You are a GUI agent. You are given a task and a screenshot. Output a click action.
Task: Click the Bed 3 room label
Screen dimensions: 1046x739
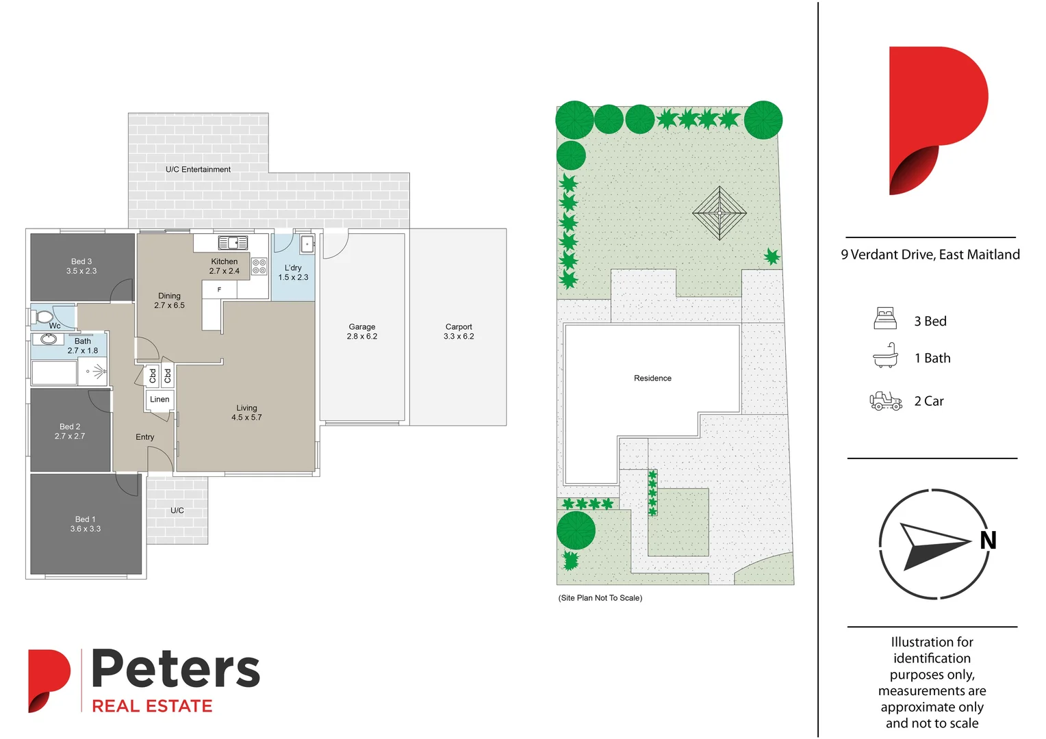coord(81,261)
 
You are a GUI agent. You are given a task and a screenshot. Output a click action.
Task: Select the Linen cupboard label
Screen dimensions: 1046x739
coord(160,400)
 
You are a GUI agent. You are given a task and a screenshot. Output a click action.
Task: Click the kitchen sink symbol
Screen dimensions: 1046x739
coord(233,243)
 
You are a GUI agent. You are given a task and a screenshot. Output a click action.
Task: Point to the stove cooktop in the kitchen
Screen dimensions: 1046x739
coord(259,266)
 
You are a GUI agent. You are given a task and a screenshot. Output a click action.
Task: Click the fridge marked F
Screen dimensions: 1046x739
coord(219,290)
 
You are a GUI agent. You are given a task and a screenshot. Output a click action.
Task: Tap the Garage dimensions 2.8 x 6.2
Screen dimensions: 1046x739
coord(361,337)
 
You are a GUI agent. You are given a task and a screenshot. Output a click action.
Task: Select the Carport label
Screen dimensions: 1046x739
coord(459,327)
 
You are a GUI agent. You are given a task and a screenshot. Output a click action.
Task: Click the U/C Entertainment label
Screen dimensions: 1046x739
coord(198,170)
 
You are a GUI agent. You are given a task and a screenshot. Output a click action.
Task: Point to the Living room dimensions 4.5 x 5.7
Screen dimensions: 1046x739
coord(246,417)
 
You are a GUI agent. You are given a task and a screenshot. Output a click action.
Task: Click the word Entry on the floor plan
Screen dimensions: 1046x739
coord(145,437)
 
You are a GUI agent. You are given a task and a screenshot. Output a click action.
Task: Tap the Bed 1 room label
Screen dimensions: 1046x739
coord(85,519)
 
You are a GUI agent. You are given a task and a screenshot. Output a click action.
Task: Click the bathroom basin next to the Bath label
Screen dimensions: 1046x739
coord(49,339)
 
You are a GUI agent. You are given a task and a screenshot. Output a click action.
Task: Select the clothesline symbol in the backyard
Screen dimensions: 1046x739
coord(719,213)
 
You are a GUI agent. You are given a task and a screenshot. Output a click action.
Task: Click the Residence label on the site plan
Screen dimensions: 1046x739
coord(652,378)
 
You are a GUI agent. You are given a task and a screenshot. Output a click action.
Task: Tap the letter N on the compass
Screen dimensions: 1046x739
coord(988,541)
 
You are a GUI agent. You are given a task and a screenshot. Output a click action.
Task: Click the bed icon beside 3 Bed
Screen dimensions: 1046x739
coord(885,319)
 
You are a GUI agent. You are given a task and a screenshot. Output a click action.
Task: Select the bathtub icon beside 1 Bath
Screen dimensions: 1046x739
coord(885,356)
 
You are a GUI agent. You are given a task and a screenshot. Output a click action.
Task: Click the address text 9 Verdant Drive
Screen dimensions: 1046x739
coord(930,255)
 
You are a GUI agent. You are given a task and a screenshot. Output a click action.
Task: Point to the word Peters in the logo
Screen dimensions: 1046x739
coord(176,669)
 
